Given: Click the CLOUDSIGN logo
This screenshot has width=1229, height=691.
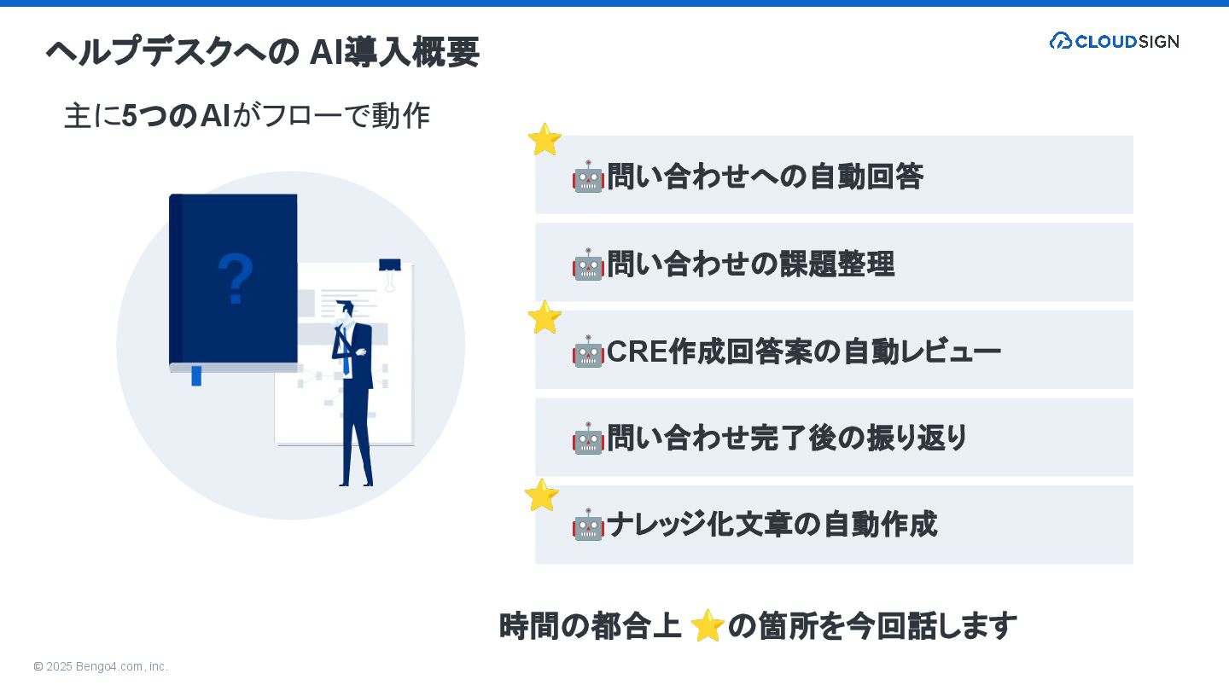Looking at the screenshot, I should [x=1114, y=41].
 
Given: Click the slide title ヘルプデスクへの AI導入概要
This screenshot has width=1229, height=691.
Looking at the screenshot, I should [x=262, y=52].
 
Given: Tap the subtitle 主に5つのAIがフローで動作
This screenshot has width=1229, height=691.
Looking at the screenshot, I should [x=247, y=116].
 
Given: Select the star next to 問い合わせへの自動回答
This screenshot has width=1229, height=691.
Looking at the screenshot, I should [x=544, y=139].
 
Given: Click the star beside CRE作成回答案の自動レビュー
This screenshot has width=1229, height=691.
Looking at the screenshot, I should [x=544, y=317].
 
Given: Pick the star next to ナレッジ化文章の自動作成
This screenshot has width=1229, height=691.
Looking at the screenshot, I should [x=541, y=495].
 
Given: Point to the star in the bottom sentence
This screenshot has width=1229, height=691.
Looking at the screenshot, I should [x=708, y=626].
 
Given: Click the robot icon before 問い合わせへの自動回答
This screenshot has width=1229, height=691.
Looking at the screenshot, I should [x=588, y=177].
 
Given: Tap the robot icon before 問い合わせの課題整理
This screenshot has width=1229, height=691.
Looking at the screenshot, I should [x=588, y=264].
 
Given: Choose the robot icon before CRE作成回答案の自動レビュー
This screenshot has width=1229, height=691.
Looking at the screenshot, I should [x=588, y=351].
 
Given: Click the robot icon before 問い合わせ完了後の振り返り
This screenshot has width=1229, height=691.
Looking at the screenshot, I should [x=588, y=438].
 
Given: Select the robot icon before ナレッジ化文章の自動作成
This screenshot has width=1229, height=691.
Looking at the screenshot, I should [x=588, y=526].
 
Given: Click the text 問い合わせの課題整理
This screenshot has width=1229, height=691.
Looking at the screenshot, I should [x=750, y=264].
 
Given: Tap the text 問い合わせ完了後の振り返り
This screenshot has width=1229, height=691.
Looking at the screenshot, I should [x=787, y=438].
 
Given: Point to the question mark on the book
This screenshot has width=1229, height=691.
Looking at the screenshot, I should [x=236, y=278].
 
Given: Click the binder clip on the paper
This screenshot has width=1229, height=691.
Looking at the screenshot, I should [x=390, y=270].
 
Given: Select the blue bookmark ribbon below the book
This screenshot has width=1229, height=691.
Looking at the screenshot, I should [x=196, y=375].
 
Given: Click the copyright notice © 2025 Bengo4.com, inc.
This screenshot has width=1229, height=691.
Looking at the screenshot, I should [x=101, y=666].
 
